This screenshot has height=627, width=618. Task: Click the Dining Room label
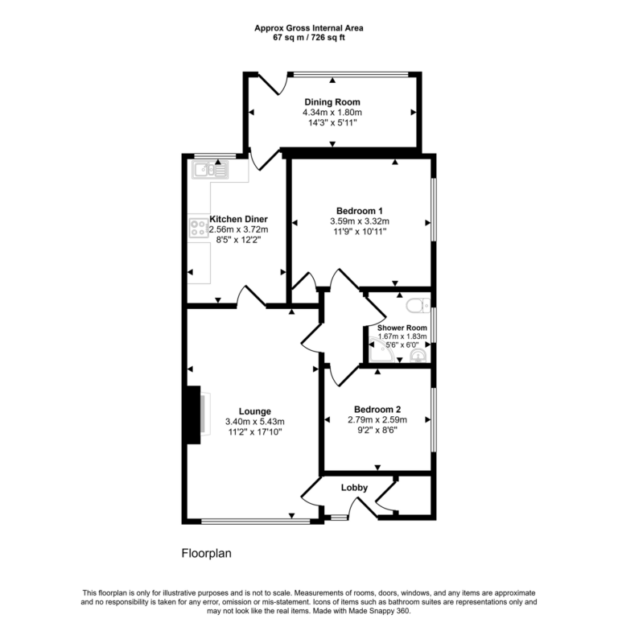point(332,101)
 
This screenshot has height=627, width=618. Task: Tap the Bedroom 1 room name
point(359,211)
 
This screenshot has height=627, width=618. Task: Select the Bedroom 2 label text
point(377,409)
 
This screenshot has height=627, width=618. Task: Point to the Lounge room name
point(253,411)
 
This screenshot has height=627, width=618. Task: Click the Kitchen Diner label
point(238,219)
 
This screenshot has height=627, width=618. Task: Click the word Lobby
point(354,488)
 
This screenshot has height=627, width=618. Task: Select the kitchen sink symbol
point(210,169)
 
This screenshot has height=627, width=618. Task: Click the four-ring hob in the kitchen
point(199,228)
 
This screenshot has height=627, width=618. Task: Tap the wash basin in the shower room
point(418,355)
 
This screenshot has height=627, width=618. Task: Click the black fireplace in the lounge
point(193,415)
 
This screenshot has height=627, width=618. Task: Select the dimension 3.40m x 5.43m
point(253,422)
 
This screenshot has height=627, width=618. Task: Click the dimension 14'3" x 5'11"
point(332,123)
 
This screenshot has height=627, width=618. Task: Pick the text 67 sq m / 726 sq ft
point(308,38)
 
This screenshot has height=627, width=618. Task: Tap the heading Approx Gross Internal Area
point(308,28)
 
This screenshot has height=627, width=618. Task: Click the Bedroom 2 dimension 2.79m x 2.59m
point(377,419)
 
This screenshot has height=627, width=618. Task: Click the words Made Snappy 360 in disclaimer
point(381,612)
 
